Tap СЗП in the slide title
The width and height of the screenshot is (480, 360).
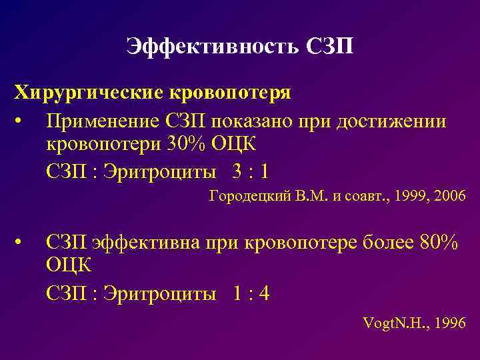pos(330,47)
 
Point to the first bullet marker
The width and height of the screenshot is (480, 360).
pos(22,122)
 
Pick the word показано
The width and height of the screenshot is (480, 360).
pos(251,122)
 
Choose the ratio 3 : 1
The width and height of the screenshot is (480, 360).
pos(251,172)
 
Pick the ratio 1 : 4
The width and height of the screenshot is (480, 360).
pos(251,293)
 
